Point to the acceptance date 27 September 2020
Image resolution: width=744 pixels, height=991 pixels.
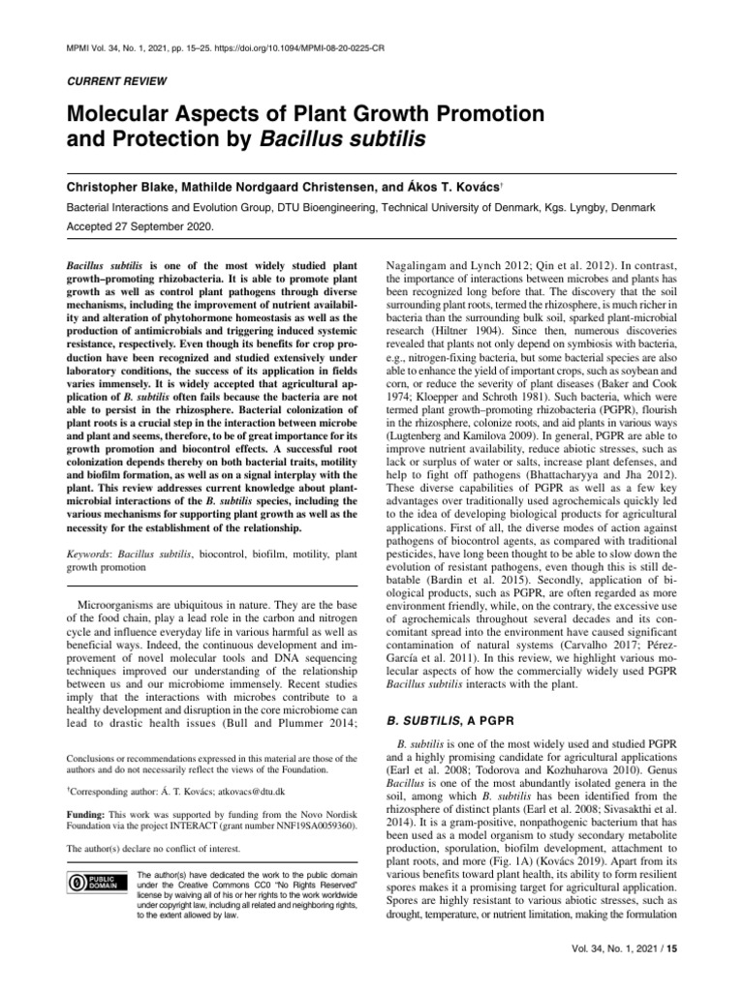[x=170, y=226]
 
